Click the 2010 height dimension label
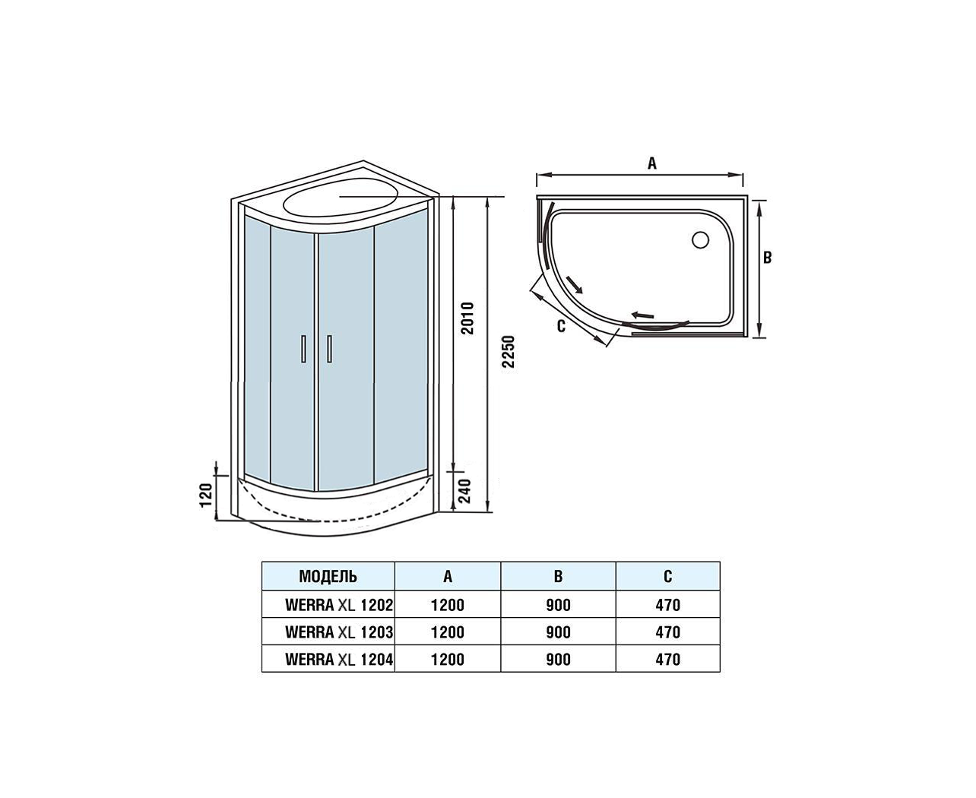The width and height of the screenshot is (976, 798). pyautogui.click(x=468, y=318)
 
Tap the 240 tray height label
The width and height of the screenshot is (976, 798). pyautogui.click(x=465, y=491)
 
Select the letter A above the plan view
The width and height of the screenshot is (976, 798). pyautogui.click(x=652, y=163)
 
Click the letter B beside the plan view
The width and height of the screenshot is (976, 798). pyautogui.click(x=767, y=258)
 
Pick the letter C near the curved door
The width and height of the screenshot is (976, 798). pyautogui.click(x=561, y=326)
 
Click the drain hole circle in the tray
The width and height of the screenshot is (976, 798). pyautogui.click(x=700, y=239)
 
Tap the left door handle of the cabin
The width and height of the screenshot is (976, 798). pyautogui.click(x=303, y=348)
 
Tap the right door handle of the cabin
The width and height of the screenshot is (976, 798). pyautogui.click(x=329, y=348)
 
